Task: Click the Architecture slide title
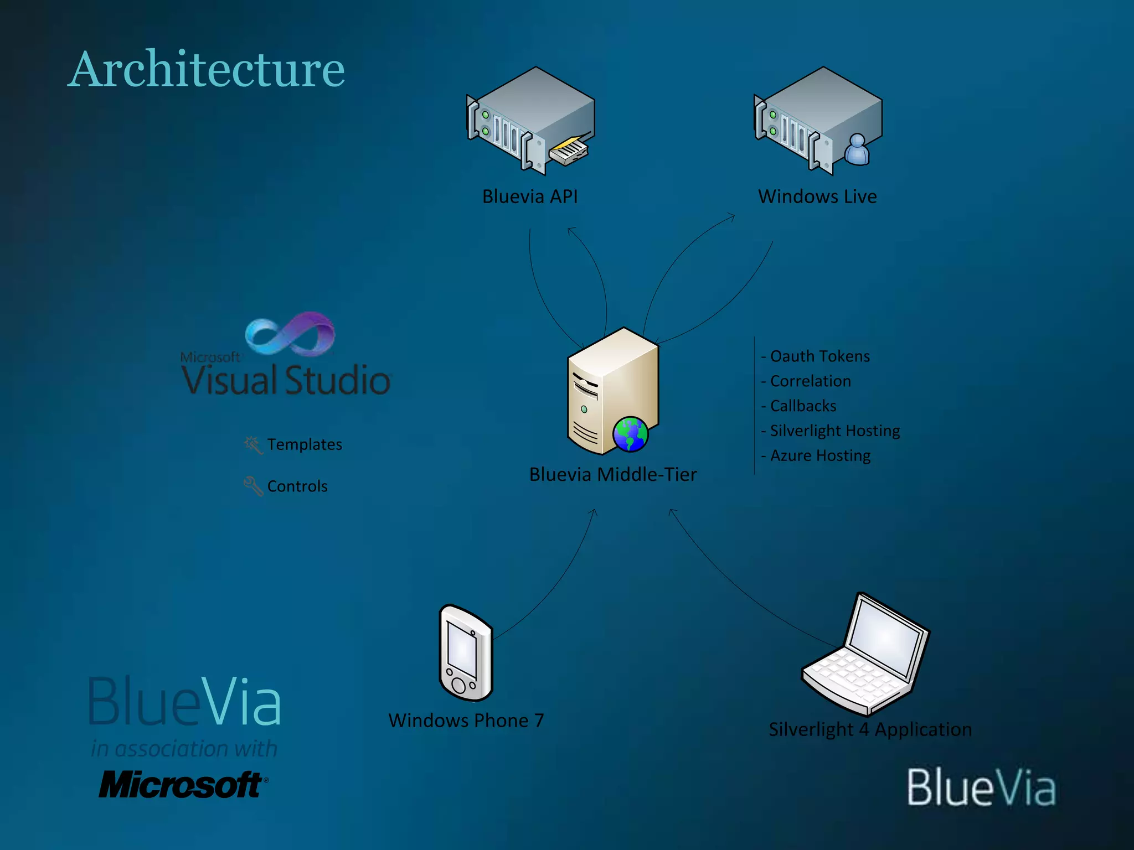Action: (206, 70)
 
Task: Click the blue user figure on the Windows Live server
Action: (857, 149)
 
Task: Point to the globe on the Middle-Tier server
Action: (630, 434)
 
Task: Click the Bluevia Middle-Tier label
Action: (613, 475)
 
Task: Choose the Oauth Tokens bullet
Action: (819, 356)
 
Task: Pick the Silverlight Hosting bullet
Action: (834, 431)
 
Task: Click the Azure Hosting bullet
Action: (820, 455)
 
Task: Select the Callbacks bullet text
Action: (803, 406)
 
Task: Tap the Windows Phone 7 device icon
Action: (465, 653)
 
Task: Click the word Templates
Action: (305, 444)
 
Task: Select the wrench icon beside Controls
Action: (253, 486)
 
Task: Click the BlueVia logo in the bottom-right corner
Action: (981, 787)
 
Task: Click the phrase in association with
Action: (184, 749)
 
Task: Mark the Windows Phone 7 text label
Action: (466, 721)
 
